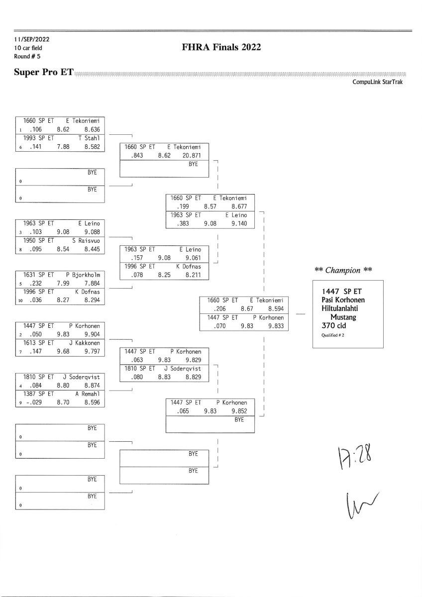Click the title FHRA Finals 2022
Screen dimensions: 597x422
(x=222, y=47)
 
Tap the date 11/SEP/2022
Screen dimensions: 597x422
(x=32, y=39)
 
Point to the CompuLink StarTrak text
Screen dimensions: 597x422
(x=377, y=82)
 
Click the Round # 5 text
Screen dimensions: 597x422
(x=28, y=56)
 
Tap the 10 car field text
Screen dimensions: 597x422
(x=28, y=48)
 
